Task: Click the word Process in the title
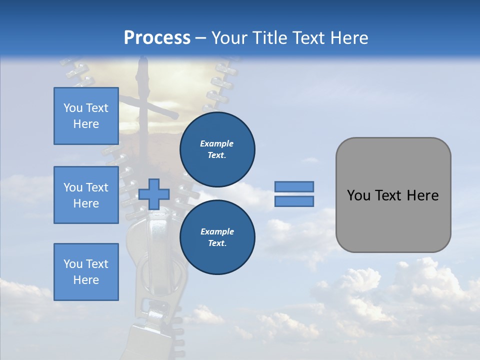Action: [x=157, y=38]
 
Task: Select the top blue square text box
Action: [x=86, y=116]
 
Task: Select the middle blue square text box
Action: [x=86, y=195]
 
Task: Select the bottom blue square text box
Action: [x=86, y=271]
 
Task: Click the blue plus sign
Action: [x=154, y=194]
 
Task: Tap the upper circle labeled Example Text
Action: [x=217, y=149]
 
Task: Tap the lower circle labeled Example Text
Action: [x=217, y=237]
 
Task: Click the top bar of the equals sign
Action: [x=294, y=186]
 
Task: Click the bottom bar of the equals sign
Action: [x=294, y=201]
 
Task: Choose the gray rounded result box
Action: [x=393, y=195]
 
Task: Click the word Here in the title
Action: [x=349, y=38]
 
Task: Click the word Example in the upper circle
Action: [x=216, y=143]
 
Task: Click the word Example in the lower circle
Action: [x=217, y=231]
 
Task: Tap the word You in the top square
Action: [x=72, y=108]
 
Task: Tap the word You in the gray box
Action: [x=358, y=195]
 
